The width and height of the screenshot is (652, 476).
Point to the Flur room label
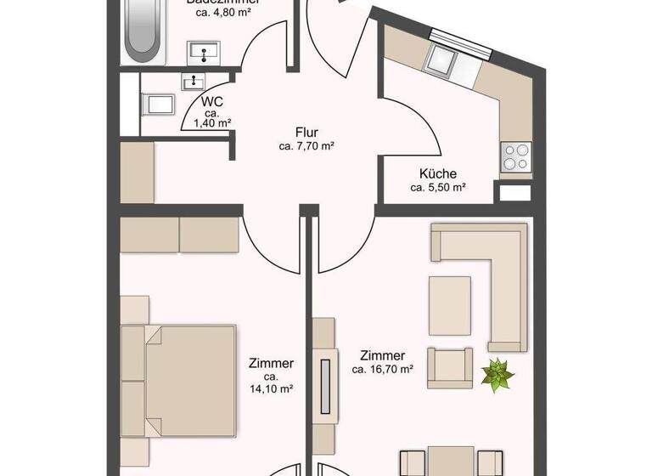click(x=306, y=133)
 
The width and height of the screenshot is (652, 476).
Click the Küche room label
click(x=437, y=173)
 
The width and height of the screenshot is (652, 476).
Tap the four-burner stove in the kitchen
click(x=516, y=156)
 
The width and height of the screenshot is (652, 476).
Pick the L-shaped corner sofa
click(x=492, y=272)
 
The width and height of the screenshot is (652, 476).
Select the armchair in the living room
click(x=449, y=367)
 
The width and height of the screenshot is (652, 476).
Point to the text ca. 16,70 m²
click(x=382, y=370)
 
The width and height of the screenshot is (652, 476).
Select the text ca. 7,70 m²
click(x=306, y=146)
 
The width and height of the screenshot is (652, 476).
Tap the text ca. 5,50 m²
click(x=437, y=187)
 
